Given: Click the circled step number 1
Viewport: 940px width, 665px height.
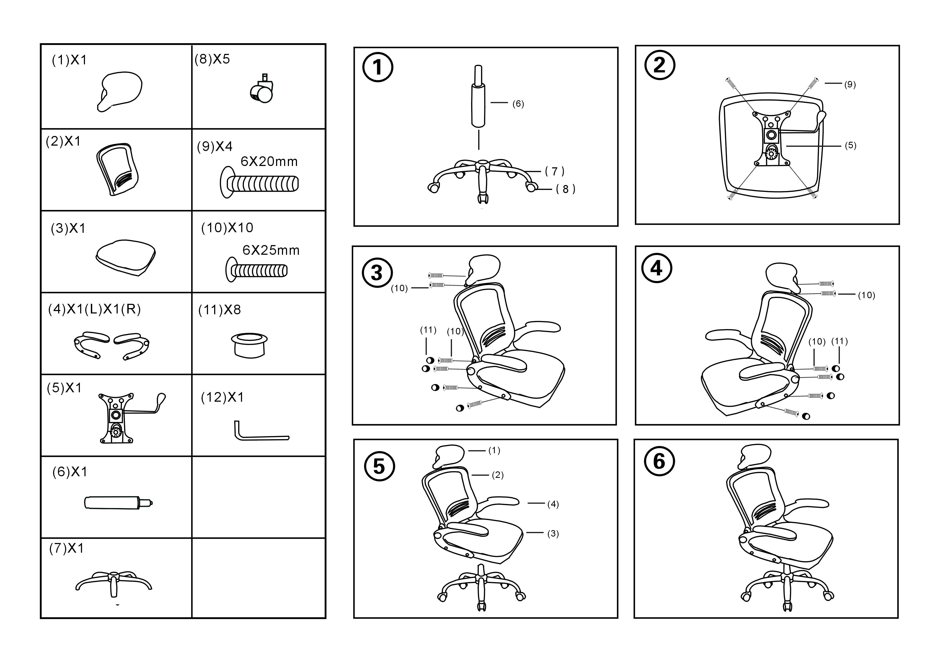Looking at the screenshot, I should tap(377, 68).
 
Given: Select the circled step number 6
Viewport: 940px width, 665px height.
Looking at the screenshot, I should tap(659, 461).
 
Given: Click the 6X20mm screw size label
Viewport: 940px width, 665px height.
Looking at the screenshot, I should tap(269, 162).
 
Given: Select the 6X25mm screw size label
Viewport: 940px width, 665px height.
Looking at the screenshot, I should tap(271, 250).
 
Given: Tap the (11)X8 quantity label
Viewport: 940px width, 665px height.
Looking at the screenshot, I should tap(220, 310).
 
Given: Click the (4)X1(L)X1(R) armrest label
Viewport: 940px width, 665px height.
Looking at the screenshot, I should tap(95, 309).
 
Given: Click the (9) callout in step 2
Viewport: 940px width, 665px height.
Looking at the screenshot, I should tap(850, 85).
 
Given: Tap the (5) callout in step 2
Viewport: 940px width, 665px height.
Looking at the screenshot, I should tap(850, 146).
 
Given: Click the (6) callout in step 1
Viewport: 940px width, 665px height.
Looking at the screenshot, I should tap(518, 104).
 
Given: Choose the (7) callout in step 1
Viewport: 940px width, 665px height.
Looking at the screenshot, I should tap(555, 171).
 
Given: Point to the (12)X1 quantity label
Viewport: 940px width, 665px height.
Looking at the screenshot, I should tap(222, 397).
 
